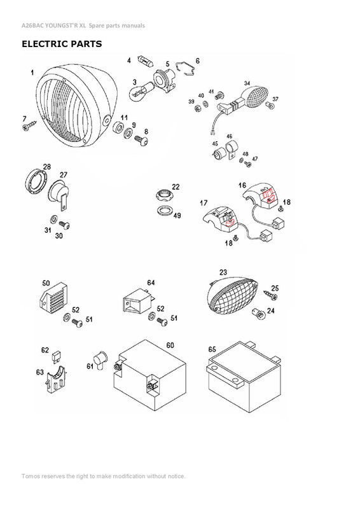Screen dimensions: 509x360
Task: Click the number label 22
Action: tap(176, 187)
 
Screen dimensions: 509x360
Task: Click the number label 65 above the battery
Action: tap(211, 349)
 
